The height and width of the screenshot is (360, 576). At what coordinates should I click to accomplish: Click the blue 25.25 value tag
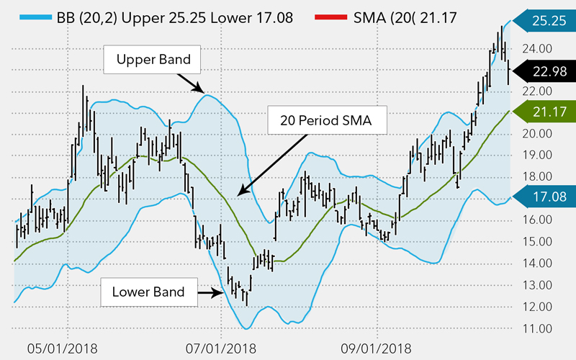coord(541,22)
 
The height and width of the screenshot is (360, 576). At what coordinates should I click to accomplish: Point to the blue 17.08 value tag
coord(541,196)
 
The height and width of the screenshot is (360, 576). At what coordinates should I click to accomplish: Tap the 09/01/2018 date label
coord(372,347)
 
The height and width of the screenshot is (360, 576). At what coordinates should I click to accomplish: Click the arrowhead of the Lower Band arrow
coord(220,292)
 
